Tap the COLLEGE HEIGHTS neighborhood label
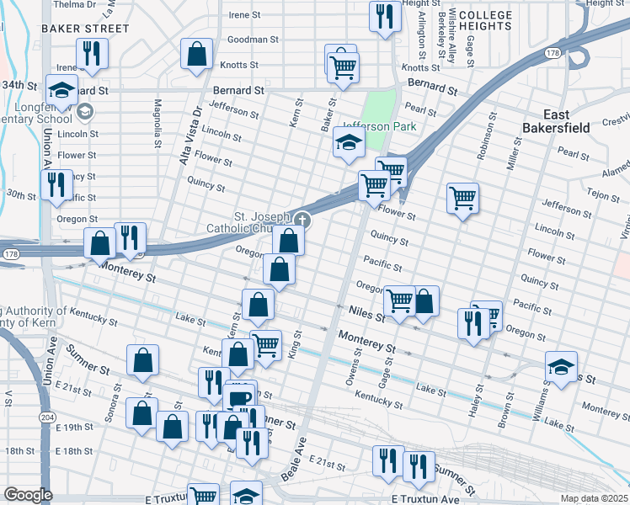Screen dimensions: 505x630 click(x=485, y=20)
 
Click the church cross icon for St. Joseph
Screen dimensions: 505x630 click(x=302, y=221)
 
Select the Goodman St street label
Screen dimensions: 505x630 click(x=253, y=40)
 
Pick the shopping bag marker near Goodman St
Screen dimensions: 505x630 click(x=195, y=56)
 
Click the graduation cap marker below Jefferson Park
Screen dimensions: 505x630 click(x=348, y=143)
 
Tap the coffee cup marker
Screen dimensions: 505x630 click(x=240, y=396)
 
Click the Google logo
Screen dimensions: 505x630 click(x=28, y=495)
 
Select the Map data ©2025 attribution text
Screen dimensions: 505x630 click(x=594, y=498)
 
